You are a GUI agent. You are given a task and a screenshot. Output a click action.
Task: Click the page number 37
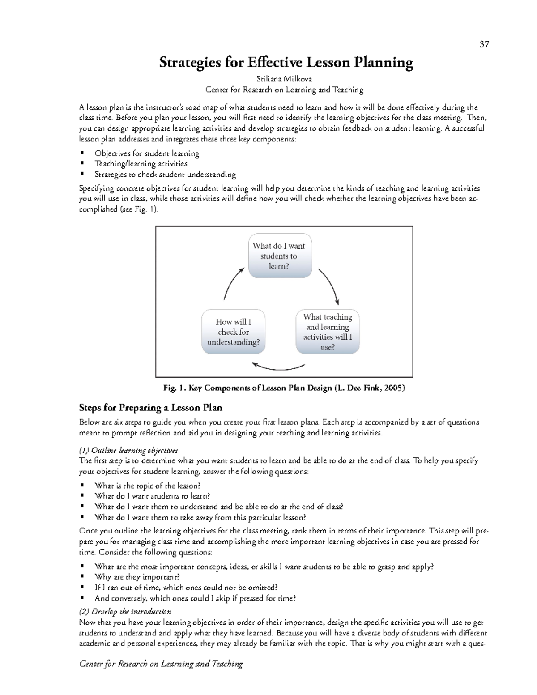click(484, 44)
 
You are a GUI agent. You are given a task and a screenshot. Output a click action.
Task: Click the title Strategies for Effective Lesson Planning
click(286, 62)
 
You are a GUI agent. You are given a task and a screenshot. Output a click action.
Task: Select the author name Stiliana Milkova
click(284, 79)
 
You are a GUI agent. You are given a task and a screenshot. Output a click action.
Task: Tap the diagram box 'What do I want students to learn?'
click(280, 256)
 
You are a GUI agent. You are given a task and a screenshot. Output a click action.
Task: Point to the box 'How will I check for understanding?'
click(233, 332)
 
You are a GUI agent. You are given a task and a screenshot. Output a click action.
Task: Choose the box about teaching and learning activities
click(328, 332)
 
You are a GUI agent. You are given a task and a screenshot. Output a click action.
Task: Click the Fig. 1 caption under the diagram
click(284, 388)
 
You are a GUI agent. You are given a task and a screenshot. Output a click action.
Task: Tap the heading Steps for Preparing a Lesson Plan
click(150, 408)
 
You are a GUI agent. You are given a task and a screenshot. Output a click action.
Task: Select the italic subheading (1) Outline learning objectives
click(128, 450)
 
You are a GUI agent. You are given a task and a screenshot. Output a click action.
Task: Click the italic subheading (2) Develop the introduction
click(125, 611)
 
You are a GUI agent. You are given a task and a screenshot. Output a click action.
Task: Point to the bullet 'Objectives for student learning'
click(147, 153)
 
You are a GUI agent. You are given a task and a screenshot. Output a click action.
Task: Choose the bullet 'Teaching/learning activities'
click(141, 164)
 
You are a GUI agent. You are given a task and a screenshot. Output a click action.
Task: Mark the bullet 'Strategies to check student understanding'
click(165, 175)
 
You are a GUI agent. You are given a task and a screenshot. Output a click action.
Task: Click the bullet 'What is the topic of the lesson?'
click(148, 486)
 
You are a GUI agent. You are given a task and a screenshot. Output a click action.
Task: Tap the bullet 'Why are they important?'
click(137, 577)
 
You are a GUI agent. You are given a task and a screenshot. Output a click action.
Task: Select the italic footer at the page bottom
click(161, 664)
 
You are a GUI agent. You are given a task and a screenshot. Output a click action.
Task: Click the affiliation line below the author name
click(284, 90)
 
